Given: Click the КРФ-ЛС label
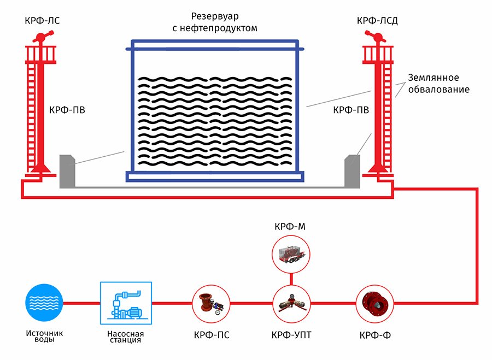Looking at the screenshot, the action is [42, 21].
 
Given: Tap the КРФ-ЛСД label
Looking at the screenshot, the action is [377, 21].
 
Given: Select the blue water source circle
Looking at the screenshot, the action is [44, 303].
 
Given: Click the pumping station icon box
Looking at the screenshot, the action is [126, 303].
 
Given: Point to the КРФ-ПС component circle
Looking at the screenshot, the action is [211, 304].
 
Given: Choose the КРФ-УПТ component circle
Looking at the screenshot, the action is [291, 304].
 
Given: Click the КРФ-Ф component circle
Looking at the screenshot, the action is [375, 304].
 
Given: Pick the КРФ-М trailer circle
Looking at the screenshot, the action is [291, 254].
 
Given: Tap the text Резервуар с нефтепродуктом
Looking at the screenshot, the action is [215, 22].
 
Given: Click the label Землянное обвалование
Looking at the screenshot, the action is [438, 84].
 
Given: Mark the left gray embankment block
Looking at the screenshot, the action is [67, 171].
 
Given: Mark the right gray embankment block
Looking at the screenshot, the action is [353, 171].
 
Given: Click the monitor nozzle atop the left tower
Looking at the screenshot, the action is [43, 37].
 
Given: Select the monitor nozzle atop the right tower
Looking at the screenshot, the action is [375, 37].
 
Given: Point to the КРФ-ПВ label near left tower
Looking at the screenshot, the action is [67, 110].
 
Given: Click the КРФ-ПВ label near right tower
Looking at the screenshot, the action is [351, 110].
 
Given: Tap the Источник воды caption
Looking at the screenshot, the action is [44, 336].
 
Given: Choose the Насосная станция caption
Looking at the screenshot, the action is [126, 337].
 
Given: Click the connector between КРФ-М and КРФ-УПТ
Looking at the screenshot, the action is [291, 279].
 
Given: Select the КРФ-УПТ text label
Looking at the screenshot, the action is [291, 335].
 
